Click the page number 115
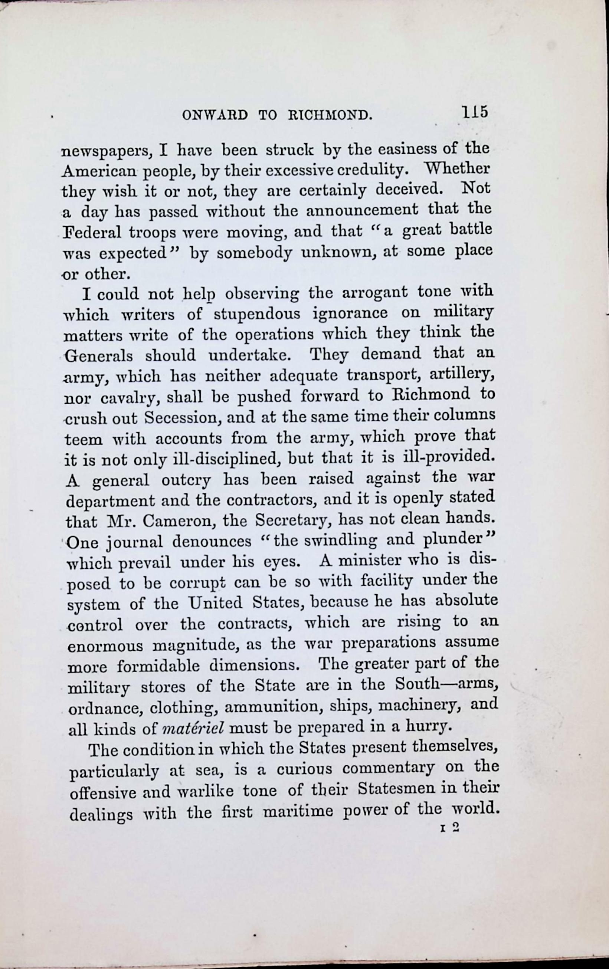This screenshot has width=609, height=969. point(475,112)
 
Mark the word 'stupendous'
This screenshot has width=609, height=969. point(256,314)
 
